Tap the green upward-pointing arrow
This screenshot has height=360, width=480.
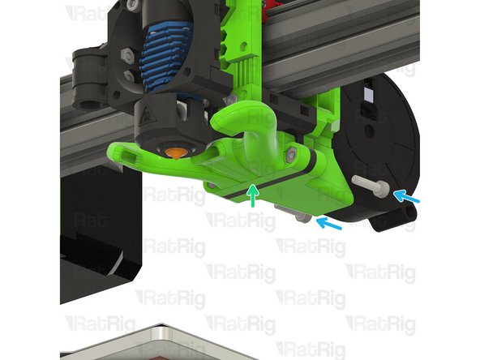click(253, 195)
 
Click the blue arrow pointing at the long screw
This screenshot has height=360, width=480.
click(406, 196)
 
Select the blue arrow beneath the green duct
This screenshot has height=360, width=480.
click(328, 223)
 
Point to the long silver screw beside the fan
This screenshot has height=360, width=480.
click(371, 184)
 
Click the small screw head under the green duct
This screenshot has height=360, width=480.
click(303, 218)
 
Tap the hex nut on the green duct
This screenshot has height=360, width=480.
click(292, 153)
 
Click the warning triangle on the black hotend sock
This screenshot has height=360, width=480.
click(147, 115)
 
